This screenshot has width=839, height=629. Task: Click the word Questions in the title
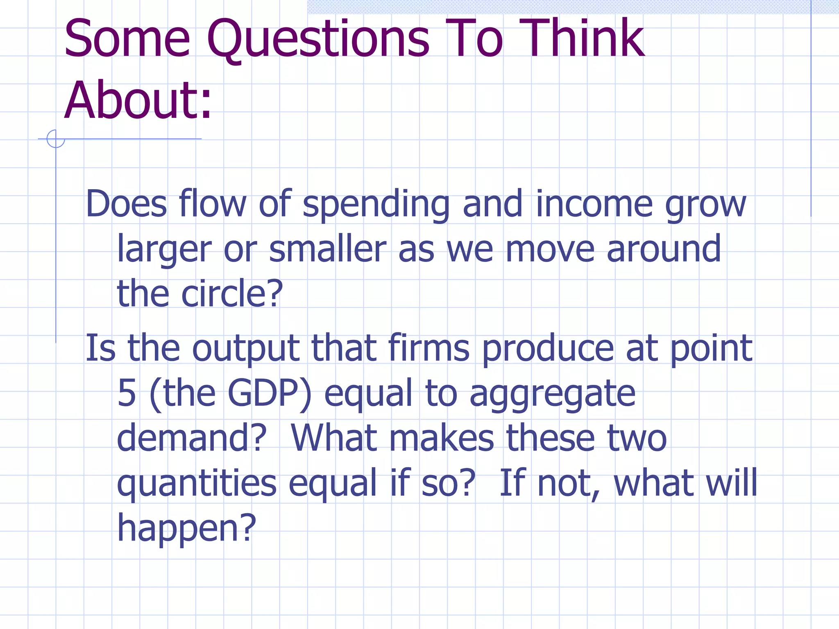point(318,39)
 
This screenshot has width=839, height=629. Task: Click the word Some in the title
point(127,38)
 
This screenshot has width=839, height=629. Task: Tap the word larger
point(164,250)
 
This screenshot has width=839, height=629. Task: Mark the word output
point(246,349)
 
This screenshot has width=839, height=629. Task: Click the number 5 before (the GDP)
point(127,393)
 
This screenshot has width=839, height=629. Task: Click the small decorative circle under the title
point(56,139)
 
